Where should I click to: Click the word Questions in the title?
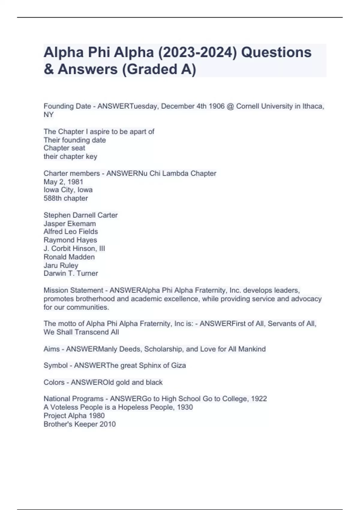click(x=276, y=52)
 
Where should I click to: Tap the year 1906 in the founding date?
click(x=217, y=106)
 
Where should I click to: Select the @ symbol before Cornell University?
click(x=230, y=106)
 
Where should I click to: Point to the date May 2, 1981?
click(x=63, y=182)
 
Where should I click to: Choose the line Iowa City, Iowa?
click(x=68, y=190)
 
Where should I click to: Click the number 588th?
click(x=52, y=198)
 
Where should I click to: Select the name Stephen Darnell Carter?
click(x=80, y=215)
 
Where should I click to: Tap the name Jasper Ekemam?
click(x=70, y=223)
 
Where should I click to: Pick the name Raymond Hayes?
click(x=70, y=240)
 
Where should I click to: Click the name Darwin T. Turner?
click(x=71, y=273)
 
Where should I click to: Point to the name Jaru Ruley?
click(x=61, y=265)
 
